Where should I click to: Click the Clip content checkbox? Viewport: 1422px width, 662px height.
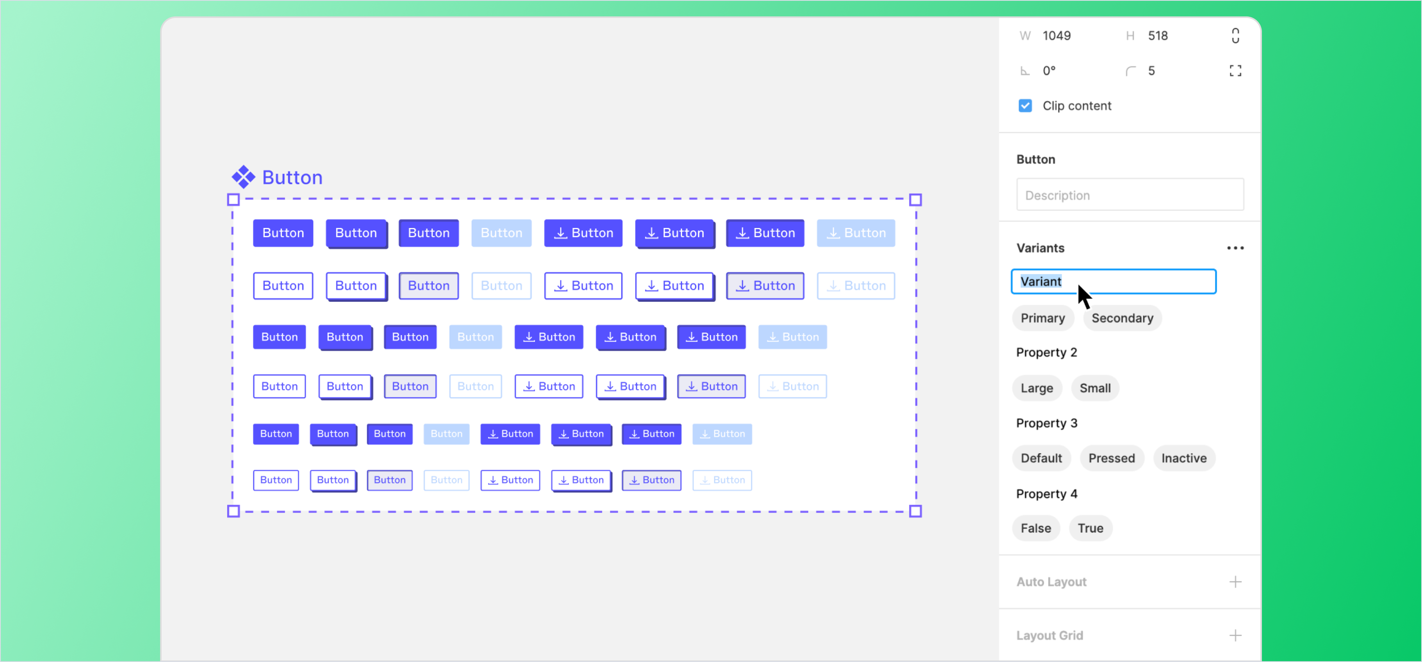click(x=1025, y=105)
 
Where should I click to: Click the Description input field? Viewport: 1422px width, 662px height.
click(x=1130, y=195)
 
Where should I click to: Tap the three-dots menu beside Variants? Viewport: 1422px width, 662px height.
click(x=1235, y=248)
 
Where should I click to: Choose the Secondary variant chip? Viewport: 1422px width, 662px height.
click(x=1122, y=318)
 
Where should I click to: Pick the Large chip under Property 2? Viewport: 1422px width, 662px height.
click(x=1036, y=388)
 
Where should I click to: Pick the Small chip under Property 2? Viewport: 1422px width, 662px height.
click(x=1095, y=388)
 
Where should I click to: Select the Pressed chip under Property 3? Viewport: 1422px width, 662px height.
click(x=1111, y=458)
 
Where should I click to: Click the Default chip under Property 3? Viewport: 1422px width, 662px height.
click(x=1041, y=458)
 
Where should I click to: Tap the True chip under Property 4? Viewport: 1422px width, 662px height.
click(x=1090, y=528)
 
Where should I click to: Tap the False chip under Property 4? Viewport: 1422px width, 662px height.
click(x=1035, y=528)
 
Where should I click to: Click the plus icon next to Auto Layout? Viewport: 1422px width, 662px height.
click(x=1235, y=582)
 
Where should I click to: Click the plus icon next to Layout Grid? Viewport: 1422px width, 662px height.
click(x=1235, y=635)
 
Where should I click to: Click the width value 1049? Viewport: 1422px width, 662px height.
click(x=1056, y=36)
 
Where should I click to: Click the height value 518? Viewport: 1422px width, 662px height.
click(x=1158, y=36)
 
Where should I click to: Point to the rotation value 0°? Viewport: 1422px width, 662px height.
click(x=1049, y=71)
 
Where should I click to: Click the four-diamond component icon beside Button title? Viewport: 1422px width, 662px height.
click(x=243, y=177)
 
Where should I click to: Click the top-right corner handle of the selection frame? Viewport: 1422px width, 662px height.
click(x=915, y=200)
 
